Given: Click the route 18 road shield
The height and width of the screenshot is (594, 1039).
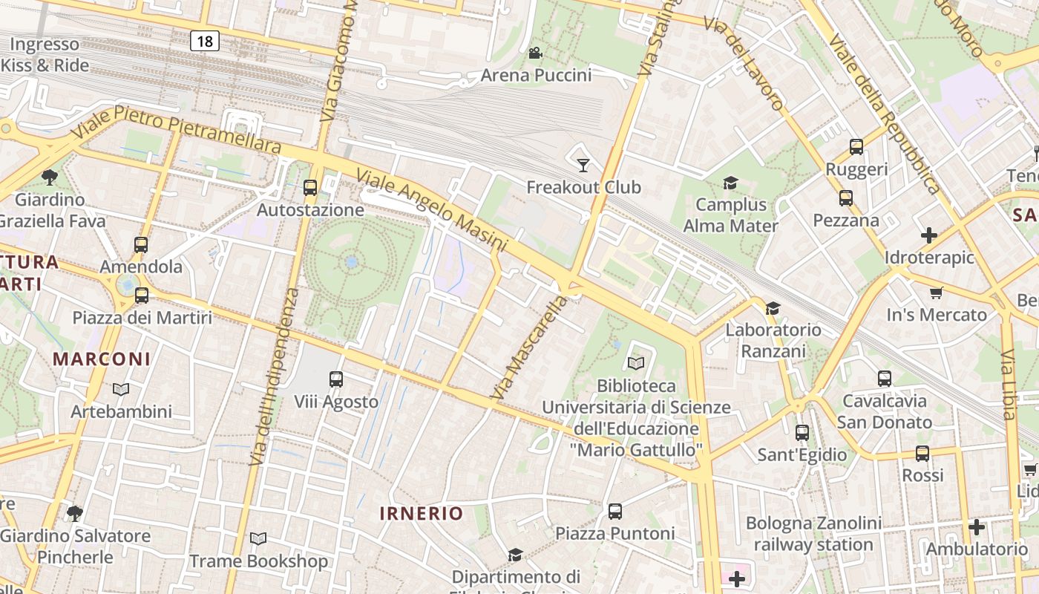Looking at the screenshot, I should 204,42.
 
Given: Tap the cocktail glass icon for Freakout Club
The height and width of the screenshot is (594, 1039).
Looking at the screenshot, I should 583,165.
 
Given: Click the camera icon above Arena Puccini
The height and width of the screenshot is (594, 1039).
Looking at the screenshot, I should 535,53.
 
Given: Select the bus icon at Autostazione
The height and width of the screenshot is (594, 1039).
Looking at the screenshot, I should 310,188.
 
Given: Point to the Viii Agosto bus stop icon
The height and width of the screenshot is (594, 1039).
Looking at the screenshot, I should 336,379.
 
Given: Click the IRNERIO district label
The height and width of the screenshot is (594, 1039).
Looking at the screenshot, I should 421,513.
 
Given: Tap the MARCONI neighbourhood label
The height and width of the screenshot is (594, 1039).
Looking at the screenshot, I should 102,359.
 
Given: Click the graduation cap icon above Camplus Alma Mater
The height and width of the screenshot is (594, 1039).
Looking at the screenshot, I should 731,183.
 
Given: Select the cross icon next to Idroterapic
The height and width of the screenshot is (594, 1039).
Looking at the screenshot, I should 928,235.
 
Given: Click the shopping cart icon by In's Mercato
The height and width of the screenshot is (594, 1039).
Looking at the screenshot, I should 936,293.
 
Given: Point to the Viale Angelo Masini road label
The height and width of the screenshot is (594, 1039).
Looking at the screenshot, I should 431,210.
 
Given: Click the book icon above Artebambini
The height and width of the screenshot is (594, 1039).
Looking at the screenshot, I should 121,389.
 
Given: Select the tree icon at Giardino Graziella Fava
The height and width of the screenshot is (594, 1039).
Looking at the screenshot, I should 50,177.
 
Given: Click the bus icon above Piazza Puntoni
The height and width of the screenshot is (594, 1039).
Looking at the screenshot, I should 615,511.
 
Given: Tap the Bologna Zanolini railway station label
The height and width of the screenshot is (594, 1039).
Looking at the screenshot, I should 813,534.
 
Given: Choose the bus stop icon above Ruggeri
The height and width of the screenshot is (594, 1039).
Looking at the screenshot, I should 856,147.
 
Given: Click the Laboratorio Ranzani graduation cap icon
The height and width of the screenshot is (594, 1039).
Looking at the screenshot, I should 773,307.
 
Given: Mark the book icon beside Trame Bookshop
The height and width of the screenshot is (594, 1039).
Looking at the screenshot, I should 258,538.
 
